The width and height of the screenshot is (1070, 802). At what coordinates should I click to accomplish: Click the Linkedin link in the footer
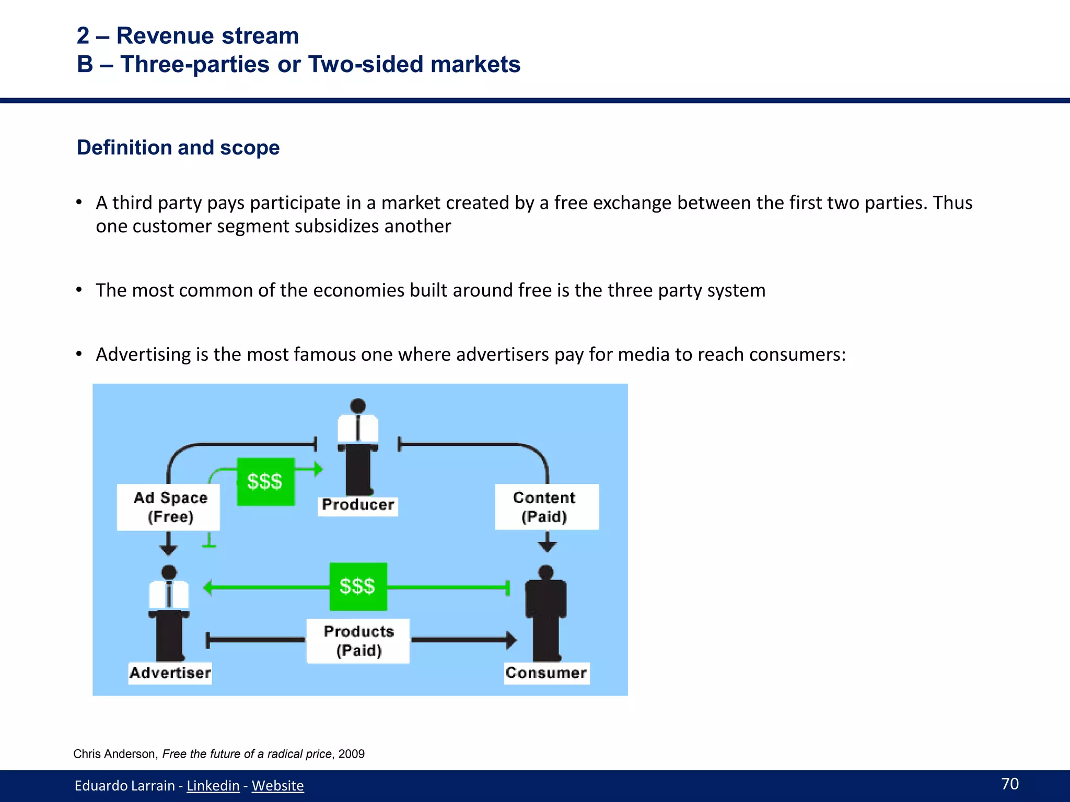[213, 785]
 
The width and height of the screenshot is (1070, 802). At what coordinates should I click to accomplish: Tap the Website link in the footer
[277, 785]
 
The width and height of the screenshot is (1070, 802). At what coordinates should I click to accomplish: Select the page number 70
[1009, 783]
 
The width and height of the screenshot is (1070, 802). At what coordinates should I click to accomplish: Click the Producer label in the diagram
[358, 505]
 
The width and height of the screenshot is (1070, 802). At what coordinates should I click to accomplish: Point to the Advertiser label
[170, 673]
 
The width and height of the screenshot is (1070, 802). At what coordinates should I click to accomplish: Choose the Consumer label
[546, 673]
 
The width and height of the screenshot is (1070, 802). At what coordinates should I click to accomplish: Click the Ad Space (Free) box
[169, 507]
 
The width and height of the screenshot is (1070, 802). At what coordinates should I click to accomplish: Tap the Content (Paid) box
[545, 507]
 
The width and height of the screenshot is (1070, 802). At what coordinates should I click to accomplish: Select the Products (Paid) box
[358, 641]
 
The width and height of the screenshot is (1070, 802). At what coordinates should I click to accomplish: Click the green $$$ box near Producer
[265, 481]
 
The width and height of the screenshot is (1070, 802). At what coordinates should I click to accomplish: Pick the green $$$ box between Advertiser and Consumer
[358, 586]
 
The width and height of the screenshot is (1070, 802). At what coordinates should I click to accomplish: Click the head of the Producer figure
[358, 406]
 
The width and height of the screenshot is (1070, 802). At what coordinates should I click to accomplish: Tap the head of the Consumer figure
[546, 572]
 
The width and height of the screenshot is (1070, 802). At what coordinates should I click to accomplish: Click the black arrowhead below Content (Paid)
[547, 546]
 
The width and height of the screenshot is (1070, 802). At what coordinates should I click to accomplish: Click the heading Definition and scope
[178, 148]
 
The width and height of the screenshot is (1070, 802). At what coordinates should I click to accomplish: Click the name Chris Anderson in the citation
[114, 754]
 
